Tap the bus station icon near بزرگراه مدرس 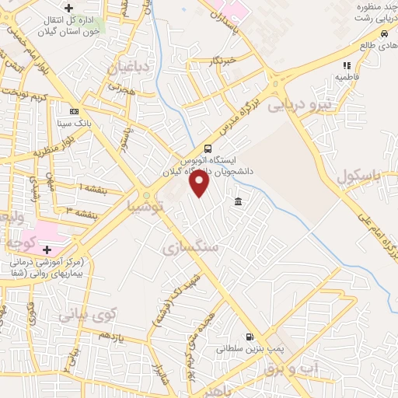[x=208, y=148]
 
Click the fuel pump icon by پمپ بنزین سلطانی [x=249, y=337]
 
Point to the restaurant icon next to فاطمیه [x=346, y=65]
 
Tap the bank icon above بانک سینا [x=74, y=111]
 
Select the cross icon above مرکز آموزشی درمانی [x=47, y=250]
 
